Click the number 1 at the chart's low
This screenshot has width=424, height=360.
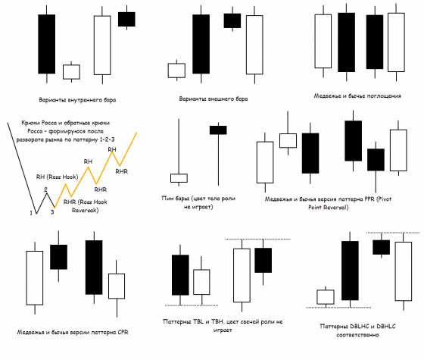pyautogui.click(x=31, y=214)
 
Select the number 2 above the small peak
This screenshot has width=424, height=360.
pyautogui.click(x=45, y=189)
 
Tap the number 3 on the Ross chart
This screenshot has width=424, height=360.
pyautogui.click(x=52, y=214)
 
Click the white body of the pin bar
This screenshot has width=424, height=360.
pyautogui.click(x=179, y=178)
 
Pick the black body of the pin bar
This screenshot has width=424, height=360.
pyautogui.click(x=218, y=130)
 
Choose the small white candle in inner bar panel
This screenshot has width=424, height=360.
pyautogui.click(x=71, y=72)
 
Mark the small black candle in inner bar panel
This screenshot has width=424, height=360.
pyautogui.click(x=126, y=19)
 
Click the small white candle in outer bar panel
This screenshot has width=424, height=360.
pyautogui.click(x=176, y=70)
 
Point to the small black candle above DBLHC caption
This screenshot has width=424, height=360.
pyautogui.click(x=380, y=246)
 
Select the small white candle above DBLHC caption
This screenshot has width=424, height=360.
pyautogui.click(x=325, y=296)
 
